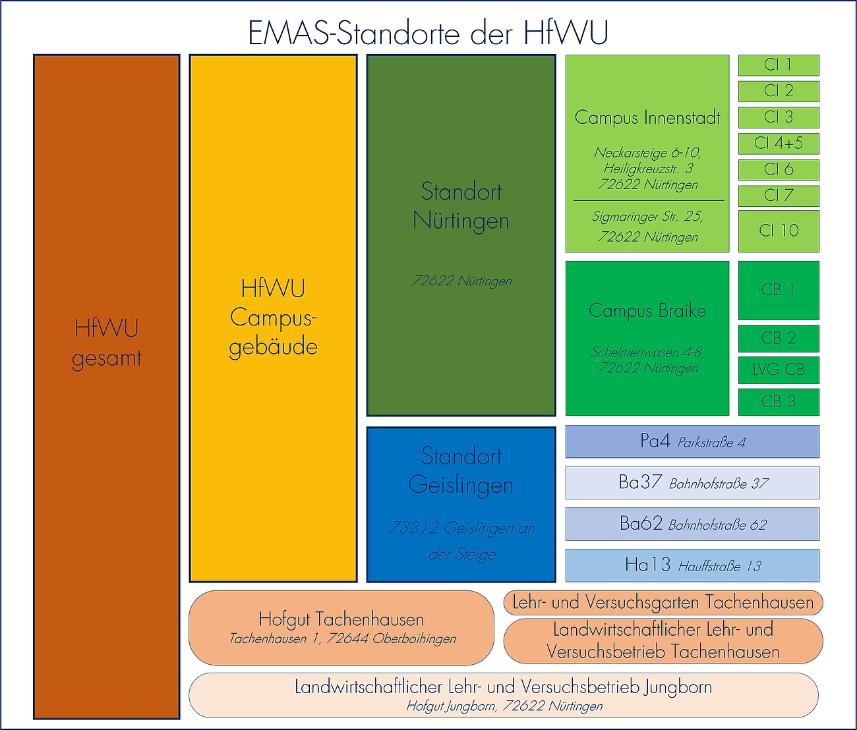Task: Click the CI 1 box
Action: click(779, 65)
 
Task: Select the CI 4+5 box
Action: click(779, 144)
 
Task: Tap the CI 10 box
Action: click(779, 231)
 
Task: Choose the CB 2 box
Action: click(779, 339)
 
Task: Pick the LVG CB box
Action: click(779, 370)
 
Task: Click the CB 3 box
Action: click(779, 402)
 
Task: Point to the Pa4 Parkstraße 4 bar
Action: click(692, 442)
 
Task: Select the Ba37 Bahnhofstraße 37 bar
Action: click(692, 483)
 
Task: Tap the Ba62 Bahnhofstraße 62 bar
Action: click(692, 524)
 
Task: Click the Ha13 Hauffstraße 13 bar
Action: click(692, 565)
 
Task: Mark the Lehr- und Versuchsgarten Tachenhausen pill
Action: click(663, 602)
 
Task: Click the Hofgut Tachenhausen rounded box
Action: click(341, 628)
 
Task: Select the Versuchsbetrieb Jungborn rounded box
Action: click(503, 695)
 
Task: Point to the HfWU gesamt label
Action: click(106, 343)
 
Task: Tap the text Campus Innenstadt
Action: click(647, 118)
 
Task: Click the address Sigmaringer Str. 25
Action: click(647, 217)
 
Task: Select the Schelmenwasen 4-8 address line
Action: click(647, 352)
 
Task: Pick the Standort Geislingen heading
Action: click(461, 470)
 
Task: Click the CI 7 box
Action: click(779, 196)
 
